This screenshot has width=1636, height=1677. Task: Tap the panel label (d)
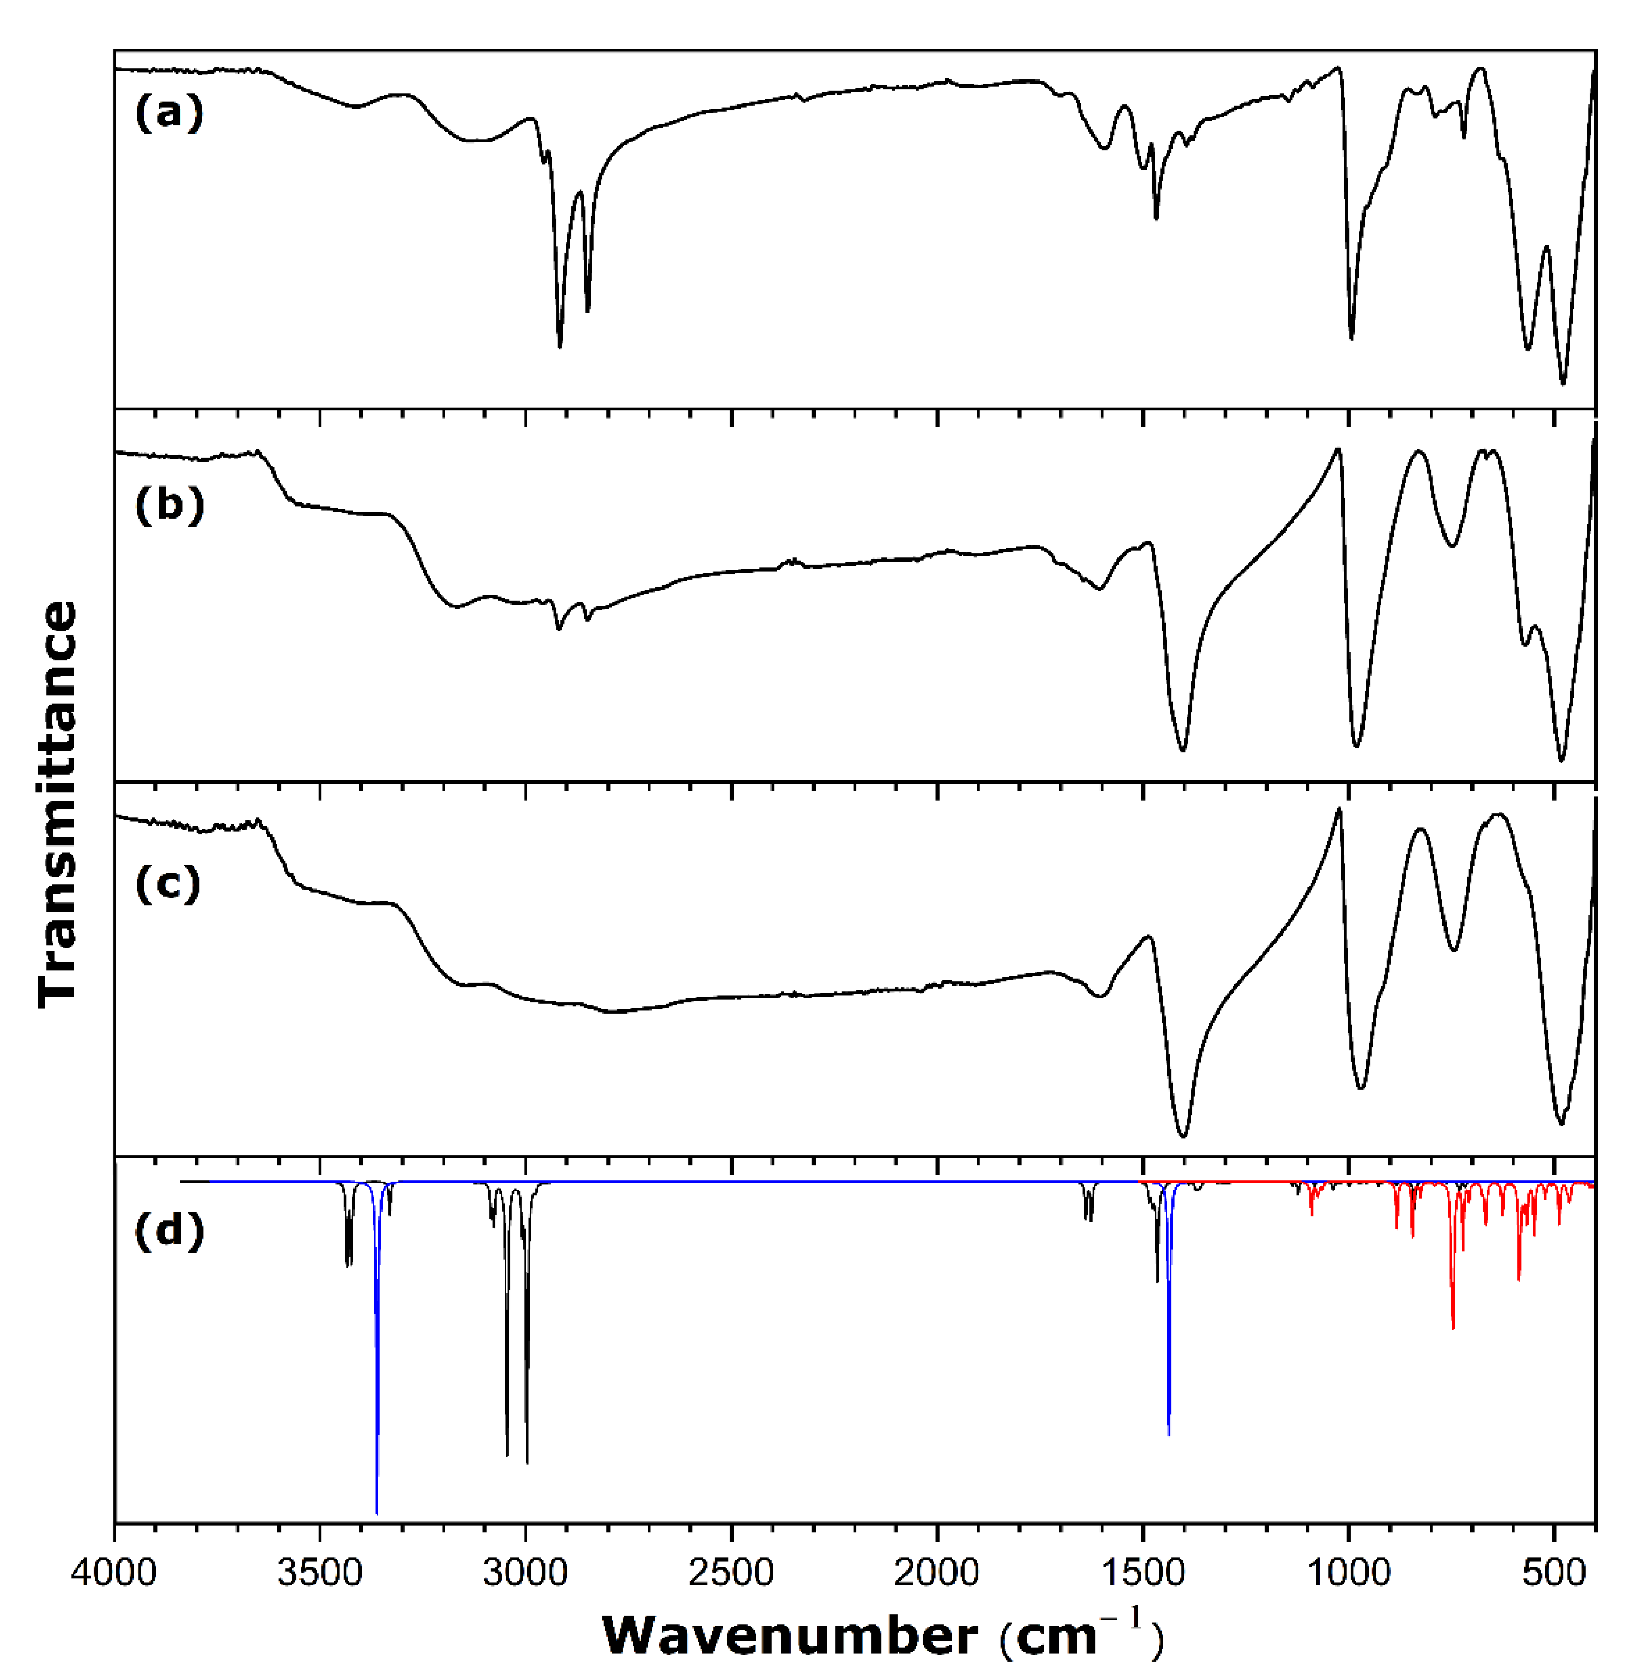tap(169, 1231)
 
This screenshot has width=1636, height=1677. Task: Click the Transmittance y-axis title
tap(59, 804)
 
